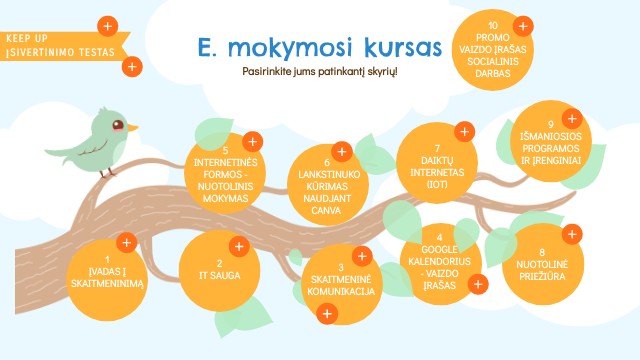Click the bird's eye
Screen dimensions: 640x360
coord(118,125)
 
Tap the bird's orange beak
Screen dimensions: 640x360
coord(133,128)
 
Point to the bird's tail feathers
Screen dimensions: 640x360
coord(57,153)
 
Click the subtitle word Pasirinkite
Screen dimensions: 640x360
coord(267,71)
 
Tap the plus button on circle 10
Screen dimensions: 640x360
coord(523,26)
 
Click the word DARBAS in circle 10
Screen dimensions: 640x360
coord(493,74)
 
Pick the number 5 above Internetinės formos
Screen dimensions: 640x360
coord(225,150)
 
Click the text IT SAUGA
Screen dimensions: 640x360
coord(220,276)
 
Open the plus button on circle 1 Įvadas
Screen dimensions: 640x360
coord(127,243)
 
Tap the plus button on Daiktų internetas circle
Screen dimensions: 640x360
coord(464,131)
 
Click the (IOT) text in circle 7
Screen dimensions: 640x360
coord(437,184)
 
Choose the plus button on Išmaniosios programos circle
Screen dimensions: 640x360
coord(572,119)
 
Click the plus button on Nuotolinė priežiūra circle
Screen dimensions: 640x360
coord(572,234)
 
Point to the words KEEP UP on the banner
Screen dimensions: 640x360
coord(27,38)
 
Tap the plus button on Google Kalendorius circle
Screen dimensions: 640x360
coord(478,284)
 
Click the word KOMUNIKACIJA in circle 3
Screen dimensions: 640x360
coord(341,292)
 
